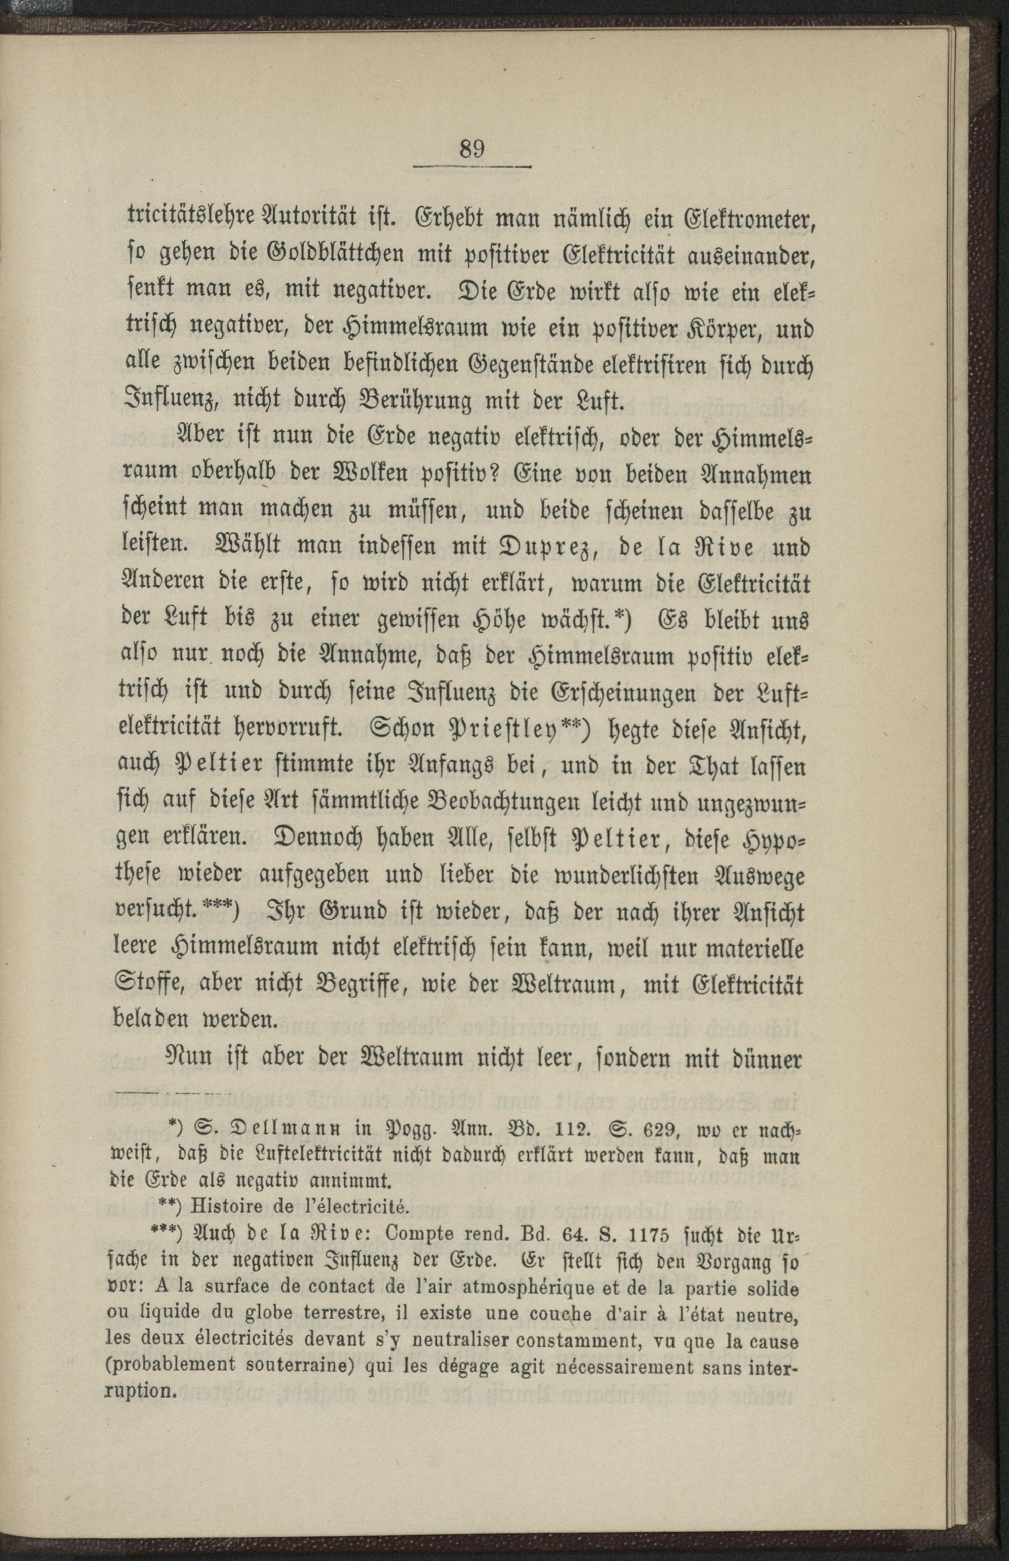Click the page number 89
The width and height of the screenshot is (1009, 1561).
point(472,149)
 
